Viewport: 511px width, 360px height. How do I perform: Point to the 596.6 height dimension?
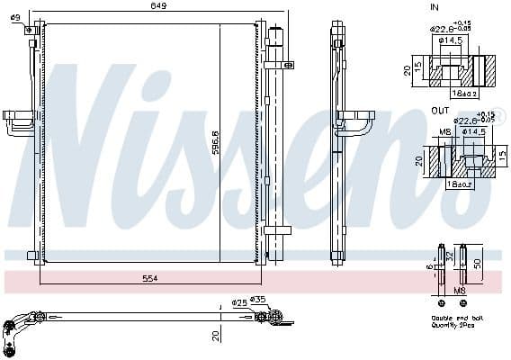(214, 144)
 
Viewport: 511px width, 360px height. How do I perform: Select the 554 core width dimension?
(149, 279)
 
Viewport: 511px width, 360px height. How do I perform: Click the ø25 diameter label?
(238, 301)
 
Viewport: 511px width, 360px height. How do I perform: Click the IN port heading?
(435, 7)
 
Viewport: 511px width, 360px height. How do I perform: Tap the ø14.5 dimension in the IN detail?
(451, 40)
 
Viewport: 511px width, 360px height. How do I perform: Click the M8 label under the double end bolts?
(460, 291)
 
